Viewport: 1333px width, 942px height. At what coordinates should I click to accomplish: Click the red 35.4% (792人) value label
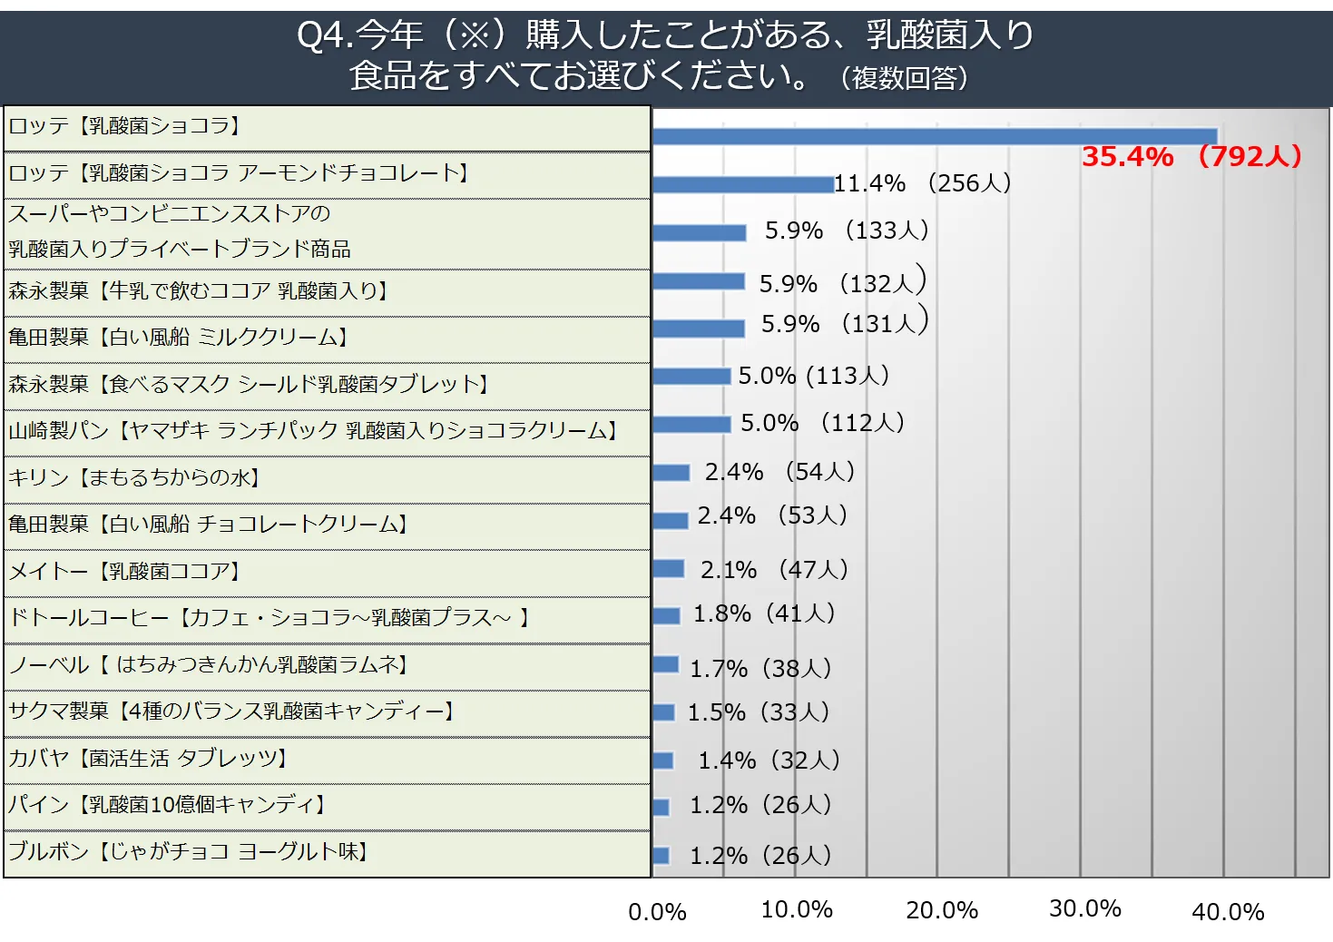click(1191, 156)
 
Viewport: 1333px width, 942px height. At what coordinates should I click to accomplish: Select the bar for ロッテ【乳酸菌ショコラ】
click(935, 137)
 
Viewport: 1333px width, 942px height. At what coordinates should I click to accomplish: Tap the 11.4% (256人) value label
click(922, 183)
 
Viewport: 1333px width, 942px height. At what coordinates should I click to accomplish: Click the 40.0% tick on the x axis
click(1228, 912)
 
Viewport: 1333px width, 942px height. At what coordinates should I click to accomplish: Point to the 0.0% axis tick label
click(657, 912)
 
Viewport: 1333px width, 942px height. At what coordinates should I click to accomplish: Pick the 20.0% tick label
click(942, 910)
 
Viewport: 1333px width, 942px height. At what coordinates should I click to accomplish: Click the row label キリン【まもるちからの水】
click(134, 477)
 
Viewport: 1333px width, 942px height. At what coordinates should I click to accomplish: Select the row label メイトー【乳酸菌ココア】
click(124, 571)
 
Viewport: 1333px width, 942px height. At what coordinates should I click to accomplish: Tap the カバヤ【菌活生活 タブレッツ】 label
click(148, 758)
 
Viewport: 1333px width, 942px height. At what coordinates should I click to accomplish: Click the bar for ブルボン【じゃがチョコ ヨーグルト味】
click(662, 855)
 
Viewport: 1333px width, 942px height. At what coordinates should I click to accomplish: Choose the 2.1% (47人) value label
click(774, 570)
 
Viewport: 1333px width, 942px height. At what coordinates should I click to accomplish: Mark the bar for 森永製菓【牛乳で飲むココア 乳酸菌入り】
click(699, 281)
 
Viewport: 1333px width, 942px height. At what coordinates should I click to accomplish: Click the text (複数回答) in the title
click(904, 78)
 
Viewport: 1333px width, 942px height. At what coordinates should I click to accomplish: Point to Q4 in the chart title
click(321, 35)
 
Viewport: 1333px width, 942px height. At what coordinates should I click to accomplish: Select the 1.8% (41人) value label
click(764, 613)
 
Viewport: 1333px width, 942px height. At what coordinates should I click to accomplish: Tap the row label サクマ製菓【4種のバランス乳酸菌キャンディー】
click(231, 711)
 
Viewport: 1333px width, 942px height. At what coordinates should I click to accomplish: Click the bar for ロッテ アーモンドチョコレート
click(743, 184)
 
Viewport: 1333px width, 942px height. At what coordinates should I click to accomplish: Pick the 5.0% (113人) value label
click(813, 376)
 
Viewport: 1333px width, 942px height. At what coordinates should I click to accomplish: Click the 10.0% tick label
click(797, 909)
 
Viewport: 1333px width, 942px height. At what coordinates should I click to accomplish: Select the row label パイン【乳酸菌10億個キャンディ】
click(167, 804)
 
